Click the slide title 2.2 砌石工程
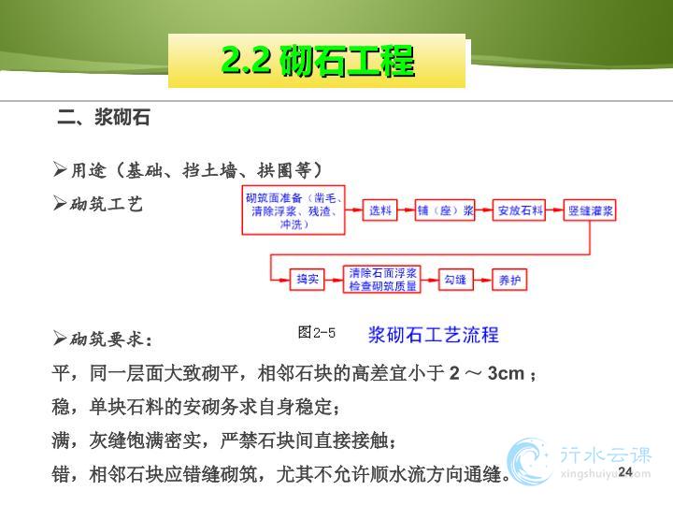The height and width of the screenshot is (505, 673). tap(318, 61)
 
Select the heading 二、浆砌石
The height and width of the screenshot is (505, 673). tap(104, 117)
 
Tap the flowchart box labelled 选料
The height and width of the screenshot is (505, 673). tap(379, 210)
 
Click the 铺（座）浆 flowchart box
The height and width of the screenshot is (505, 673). tap(445, 210)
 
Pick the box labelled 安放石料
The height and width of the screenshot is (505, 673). tap(519, 210)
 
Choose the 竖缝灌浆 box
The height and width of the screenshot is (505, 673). tap(590, 210)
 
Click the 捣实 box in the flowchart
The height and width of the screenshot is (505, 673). tap(307, 280)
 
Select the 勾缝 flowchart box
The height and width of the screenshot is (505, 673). tap(455, 280)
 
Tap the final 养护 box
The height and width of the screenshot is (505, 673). tap(509, 280)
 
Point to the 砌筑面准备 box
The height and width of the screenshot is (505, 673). tap(294, 210)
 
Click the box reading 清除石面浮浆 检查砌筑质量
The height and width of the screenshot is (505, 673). tap(382, 280)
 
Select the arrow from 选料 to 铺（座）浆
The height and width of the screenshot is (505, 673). tap(406, 210)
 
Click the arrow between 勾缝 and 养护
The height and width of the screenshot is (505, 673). tap(482, 280)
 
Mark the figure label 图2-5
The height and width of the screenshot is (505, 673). tap(316, 332)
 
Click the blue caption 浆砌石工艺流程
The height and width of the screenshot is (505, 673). tap(434, 335)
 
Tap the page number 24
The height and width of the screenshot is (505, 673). tap(625, 471)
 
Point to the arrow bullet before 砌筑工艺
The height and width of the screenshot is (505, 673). tap(60, 203)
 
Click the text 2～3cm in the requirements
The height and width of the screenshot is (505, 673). tap(487, 373)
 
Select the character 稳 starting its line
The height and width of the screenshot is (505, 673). tap(61, 406)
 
